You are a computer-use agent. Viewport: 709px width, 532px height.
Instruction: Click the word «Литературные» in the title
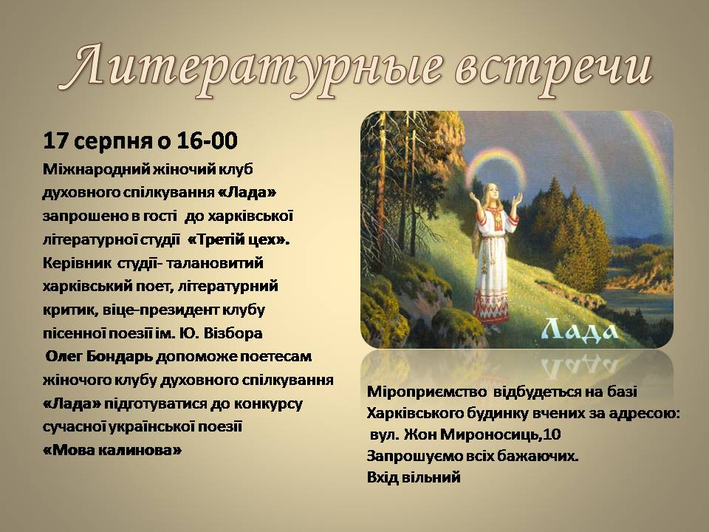256,69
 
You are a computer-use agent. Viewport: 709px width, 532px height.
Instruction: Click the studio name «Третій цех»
239,239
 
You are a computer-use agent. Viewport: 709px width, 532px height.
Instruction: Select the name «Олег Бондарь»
99,356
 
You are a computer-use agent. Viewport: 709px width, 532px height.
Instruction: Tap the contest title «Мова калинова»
112,450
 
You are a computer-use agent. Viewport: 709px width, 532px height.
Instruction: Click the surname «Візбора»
233,333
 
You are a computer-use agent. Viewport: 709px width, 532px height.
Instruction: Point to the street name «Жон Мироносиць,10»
482,434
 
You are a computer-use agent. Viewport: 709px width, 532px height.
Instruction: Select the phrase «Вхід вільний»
414,477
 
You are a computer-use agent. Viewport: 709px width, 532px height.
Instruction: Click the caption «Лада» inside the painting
580,330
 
